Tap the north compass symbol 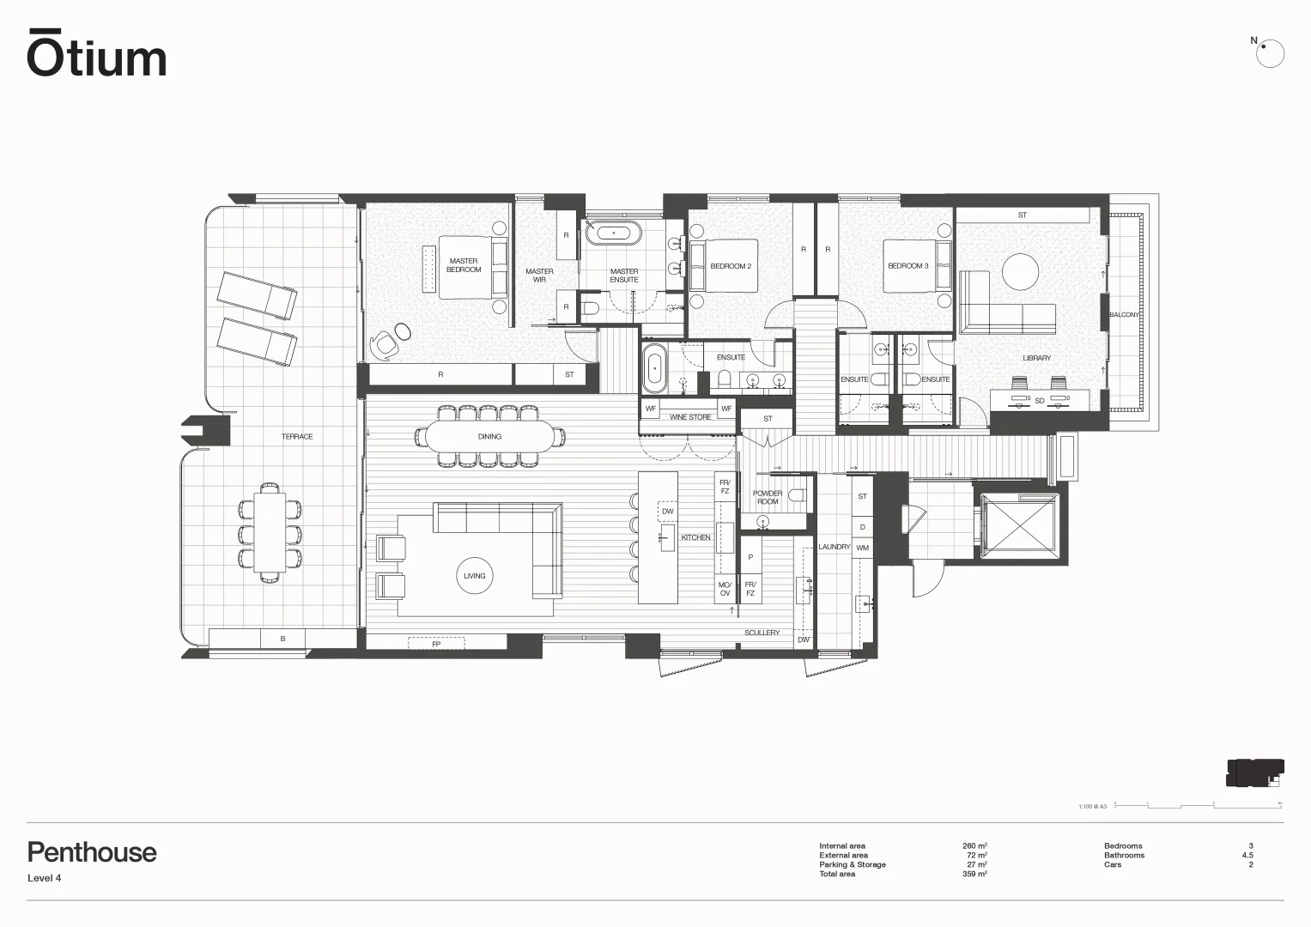1269,53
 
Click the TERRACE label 297,437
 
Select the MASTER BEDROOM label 464,265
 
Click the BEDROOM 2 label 731,266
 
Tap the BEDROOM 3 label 907,266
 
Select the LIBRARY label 1036,358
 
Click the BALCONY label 1124,315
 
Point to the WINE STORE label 690,417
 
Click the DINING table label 489,437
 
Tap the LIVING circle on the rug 474,576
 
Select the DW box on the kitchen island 667,512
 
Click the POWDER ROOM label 768,497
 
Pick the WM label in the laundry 862,548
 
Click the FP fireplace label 436,643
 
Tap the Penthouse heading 92,852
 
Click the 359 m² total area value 974,874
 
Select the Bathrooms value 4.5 1247,855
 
